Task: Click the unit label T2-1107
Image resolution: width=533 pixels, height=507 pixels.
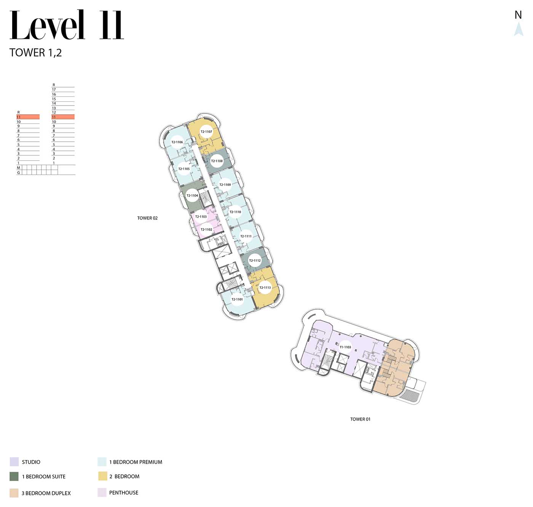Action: pos(206,132)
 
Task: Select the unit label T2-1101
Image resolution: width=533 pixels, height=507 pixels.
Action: pos(237,299)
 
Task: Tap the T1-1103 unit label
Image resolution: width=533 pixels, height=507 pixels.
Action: pos(345,347)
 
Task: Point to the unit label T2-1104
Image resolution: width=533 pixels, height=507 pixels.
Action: pos(192,195)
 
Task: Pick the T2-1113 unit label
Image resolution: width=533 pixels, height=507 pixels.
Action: pos(265,288)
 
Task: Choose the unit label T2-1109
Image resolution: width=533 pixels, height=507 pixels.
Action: pos(225,185)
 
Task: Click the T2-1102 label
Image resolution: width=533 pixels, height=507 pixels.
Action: pos(206,229)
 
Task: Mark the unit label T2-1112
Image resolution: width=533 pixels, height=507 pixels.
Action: pos(255,261)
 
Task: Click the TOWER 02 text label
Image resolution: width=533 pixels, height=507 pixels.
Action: pos(147,218)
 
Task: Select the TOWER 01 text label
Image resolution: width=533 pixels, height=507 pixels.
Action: pos(360,419)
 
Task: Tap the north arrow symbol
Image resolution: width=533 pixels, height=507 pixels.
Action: pos(519,29)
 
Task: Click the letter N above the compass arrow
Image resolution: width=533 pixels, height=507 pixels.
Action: pos(518,15)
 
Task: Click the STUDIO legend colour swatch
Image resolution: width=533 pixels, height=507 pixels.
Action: pos(14,462)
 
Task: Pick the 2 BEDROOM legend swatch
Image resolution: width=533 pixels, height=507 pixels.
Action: pos(103,476)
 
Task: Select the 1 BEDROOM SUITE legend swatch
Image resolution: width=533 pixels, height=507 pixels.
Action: pos(14,477)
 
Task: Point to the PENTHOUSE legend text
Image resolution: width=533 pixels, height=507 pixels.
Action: pos(124,493)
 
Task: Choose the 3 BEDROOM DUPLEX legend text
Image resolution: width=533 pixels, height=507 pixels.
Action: pos(46,493)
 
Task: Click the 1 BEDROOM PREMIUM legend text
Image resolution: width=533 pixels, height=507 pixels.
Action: pos(136,462)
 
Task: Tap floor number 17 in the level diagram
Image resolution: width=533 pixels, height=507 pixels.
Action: pos(54,90)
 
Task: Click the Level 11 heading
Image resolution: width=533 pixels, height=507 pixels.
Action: pos(67,25)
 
